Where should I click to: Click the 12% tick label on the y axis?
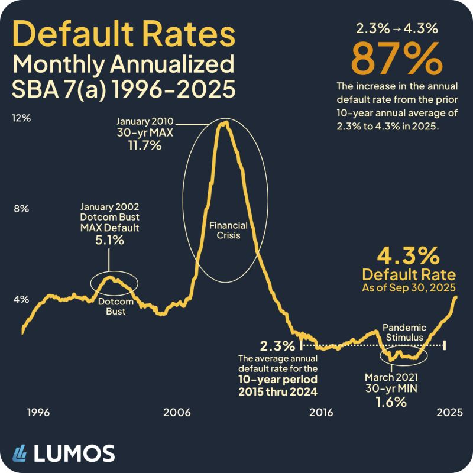pos(22,118)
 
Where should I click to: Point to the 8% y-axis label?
pos(22,209)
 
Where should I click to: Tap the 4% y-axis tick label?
pos(22,299)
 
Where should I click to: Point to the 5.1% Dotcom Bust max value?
pos(109,240)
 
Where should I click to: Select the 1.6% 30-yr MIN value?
pos(391,402)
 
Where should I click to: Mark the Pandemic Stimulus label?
pos(403,332)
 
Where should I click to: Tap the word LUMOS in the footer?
pos(73,453)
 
